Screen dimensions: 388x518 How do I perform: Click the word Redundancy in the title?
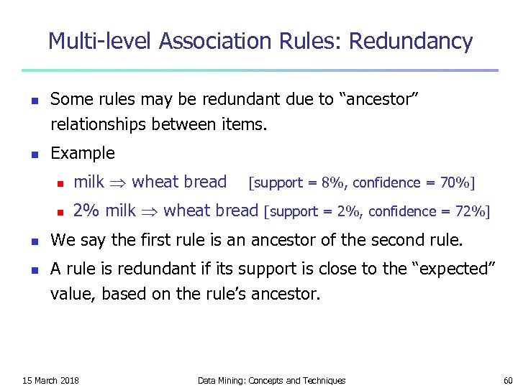411,41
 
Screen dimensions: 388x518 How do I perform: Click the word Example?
83,153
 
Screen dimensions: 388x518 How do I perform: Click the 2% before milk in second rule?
86,211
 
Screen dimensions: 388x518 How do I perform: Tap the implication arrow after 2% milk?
150,211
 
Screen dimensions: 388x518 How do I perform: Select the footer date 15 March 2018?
51,380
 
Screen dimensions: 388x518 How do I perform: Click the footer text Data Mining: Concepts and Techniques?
271,380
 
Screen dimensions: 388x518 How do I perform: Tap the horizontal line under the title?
259,70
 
